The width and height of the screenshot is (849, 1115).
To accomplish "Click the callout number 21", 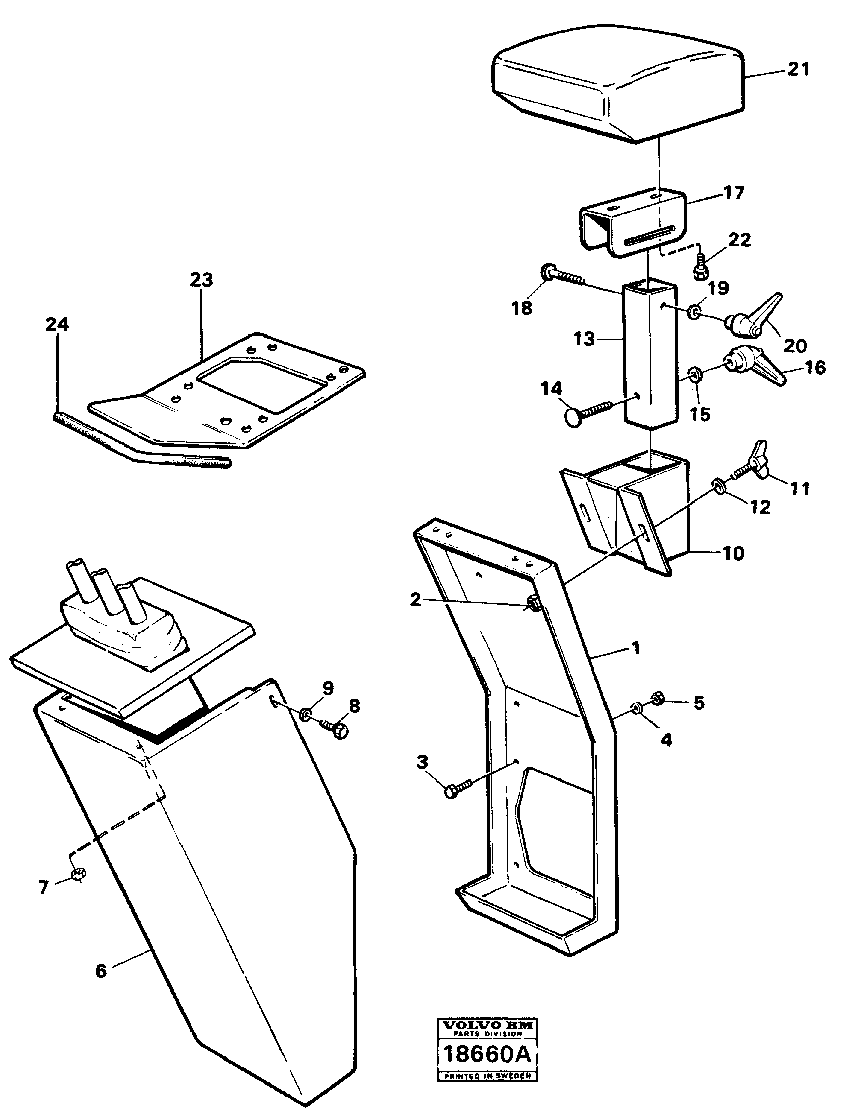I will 799,69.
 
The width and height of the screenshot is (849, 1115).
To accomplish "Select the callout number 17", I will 734,193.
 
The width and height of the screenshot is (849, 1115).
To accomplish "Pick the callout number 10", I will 734,553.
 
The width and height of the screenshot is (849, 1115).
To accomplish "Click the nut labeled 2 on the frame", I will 534,604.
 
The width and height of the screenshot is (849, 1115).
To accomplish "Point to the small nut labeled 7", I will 79,874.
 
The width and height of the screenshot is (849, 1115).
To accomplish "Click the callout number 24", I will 56,324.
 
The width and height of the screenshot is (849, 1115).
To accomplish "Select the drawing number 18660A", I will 487,1055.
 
